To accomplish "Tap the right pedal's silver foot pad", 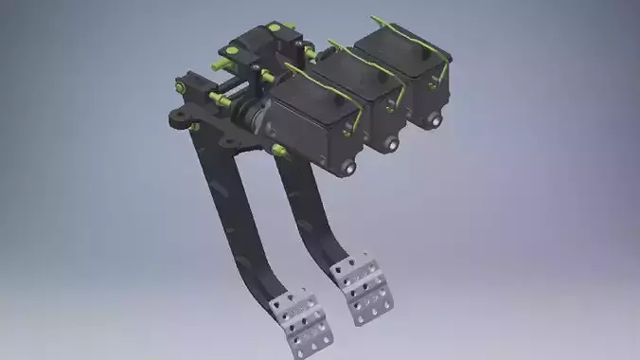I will [362, 286].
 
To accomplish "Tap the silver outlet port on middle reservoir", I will [391, 145].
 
